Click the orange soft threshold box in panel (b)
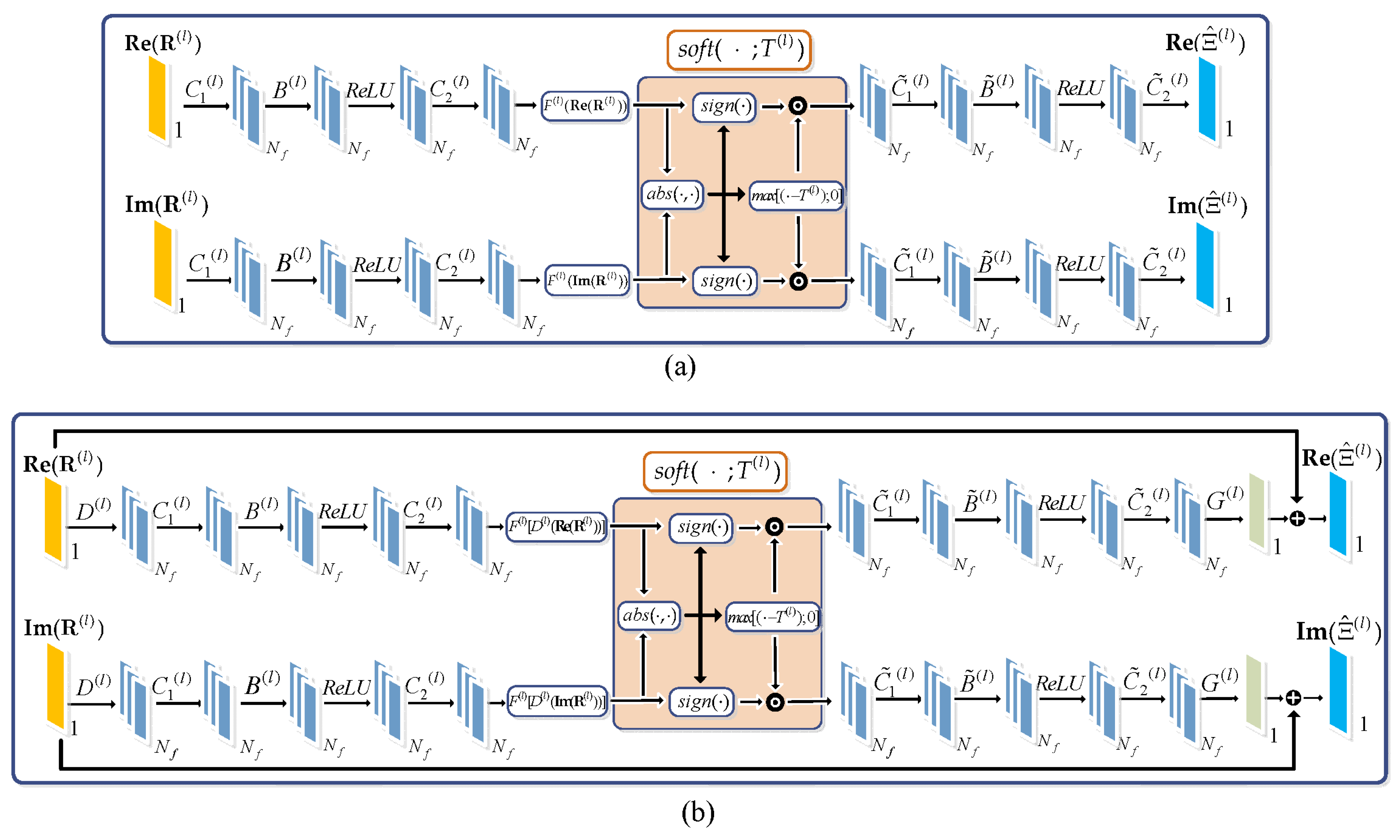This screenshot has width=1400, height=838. [715, 471]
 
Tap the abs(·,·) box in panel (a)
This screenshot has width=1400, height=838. [672, 194]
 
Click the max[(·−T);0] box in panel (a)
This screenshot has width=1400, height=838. [796, 196]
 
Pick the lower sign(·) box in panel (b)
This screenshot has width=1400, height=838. [702, 702]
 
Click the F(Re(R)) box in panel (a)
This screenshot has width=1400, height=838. [585, 106]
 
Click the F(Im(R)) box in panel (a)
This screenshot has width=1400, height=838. [587, 280]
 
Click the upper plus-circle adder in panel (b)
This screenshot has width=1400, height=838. [1297, 518]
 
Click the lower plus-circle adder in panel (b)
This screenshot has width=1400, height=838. [1293, 698]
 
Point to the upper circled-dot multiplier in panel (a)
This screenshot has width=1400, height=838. [797, 106]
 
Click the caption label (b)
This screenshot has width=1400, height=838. [697, 813]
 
